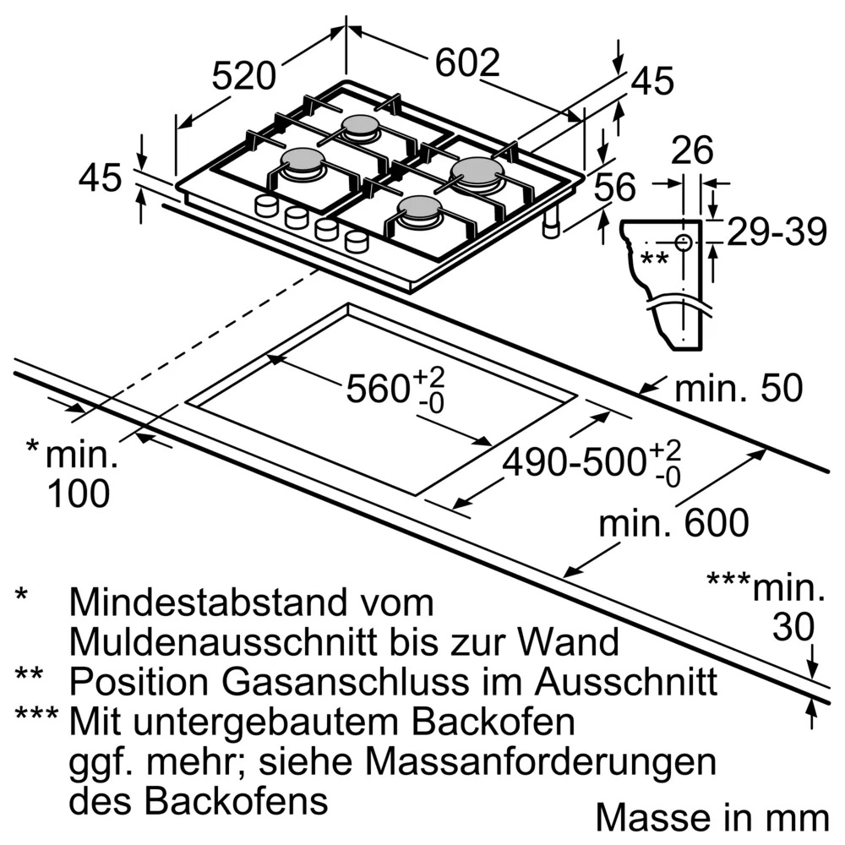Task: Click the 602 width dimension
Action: click(467, 63)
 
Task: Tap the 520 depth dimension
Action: click(243, 75)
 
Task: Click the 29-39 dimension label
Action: click(777, 232)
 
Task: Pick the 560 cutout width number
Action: click(378, 388)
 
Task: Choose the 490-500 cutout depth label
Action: click(575, 462)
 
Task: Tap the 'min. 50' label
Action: click(739, 388)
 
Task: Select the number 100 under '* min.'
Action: click(79, 493)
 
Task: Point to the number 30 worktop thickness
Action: click(793, 627)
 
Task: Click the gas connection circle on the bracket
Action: click(684, 243)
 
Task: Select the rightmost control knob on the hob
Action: click(356, 241)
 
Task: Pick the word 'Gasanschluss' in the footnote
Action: click(346, 682)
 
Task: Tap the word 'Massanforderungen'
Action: click(541, 762)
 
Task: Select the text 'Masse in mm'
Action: click(712, 818)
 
